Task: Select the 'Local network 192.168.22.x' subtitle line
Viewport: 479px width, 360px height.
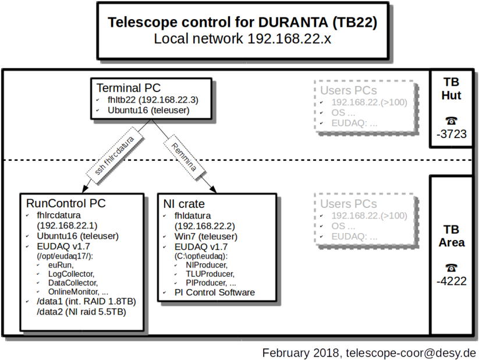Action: click(x=243, y=39)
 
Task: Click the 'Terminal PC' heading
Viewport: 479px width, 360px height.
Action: click(x=127, y=89)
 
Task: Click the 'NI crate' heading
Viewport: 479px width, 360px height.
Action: click(x=184, y=204)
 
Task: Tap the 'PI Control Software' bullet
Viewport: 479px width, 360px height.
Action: click(x=215, y=292)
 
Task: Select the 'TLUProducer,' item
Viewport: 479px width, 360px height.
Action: click(x=210, y=274)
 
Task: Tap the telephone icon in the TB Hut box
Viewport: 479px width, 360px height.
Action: click(x=452, y=120)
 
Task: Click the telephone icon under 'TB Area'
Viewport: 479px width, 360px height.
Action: click(x=452, y=267)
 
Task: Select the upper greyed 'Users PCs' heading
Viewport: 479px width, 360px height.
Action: click(x=348, y=90)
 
